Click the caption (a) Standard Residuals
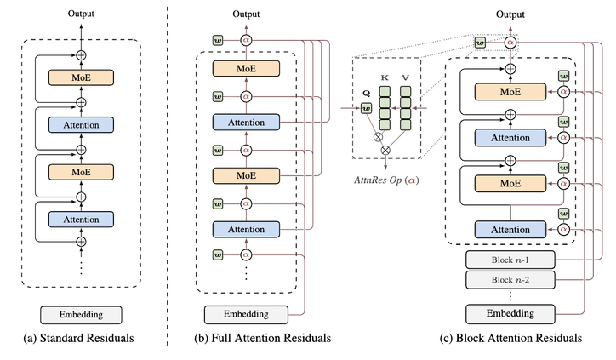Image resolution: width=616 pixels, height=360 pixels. pyautogui.click(x=82, y=339)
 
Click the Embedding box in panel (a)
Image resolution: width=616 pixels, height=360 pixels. pyautogui.click(x=82, y=314)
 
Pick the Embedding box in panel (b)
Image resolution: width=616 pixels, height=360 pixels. pyautogui.click(x=246, y=314)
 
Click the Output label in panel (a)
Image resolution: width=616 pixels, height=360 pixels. pyautogui.click(x=82, y=13)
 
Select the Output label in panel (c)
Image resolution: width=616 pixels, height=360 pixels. pyautogui.click(x=510, y=13)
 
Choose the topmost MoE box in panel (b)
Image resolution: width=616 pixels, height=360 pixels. pyautogui.click(x=246, y=68)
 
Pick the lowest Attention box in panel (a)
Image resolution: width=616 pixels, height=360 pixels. pyautogui.click(x=82, y=219)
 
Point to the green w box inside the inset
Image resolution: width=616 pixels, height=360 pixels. pyautogui.click(x=367, y=108)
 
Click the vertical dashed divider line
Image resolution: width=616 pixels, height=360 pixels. pyautogui.click(x=168, y=170)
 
